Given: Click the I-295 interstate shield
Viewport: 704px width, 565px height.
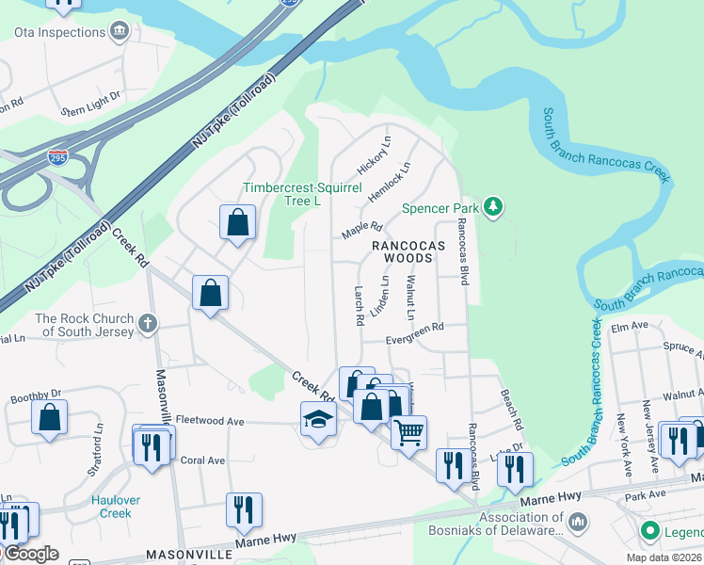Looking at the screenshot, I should (x=58, y=156).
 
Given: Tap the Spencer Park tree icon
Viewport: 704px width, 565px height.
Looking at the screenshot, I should (x=492, y=207).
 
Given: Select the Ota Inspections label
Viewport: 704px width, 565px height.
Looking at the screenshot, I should (x=59, y=32).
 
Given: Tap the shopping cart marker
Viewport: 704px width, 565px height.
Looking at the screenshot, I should (x=408, y=434).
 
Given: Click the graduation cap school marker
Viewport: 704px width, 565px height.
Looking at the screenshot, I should (x=319, y=419).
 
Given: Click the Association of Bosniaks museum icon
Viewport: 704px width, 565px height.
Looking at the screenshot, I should (x=578, y=520).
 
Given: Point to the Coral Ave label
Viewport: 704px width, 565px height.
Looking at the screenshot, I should (x=202, y=460).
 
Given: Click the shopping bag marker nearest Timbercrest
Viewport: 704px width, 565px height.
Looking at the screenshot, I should (x=237, y=222).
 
